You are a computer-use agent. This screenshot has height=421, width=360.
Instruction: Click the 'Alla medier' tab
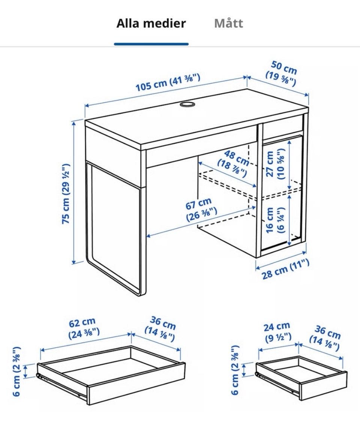click(x=151, y=23)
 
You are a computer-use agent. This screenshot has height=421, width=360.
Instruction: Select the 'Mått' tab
click(x=228, y=23)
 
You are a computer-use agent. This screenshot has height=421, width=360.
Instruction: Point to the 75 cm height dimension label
click(x=66, y=194)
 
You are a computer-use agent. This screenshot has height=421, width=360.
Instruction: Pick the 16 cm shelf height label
click(x=275, y=220)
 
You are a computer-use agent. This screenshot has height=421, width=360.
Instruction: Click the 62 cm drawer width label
click(x=84, y=328)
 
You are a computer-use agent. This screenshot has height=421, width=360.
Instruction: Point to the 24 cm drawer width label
click(x=277, y=332)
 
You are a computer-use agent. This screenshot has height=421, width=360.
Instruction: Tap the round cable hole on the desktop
click(x=187, y=104)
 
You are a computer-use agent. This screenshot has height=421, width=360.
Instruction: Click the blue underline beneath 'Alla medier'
click(x=151, y=44)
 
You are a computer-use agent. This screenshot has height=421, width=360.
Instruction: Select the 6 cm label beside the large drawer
click(x=16, y=371)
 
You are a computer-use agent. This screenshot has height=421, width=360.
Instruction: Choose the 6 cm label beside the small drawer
click(x=235, y=370)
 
